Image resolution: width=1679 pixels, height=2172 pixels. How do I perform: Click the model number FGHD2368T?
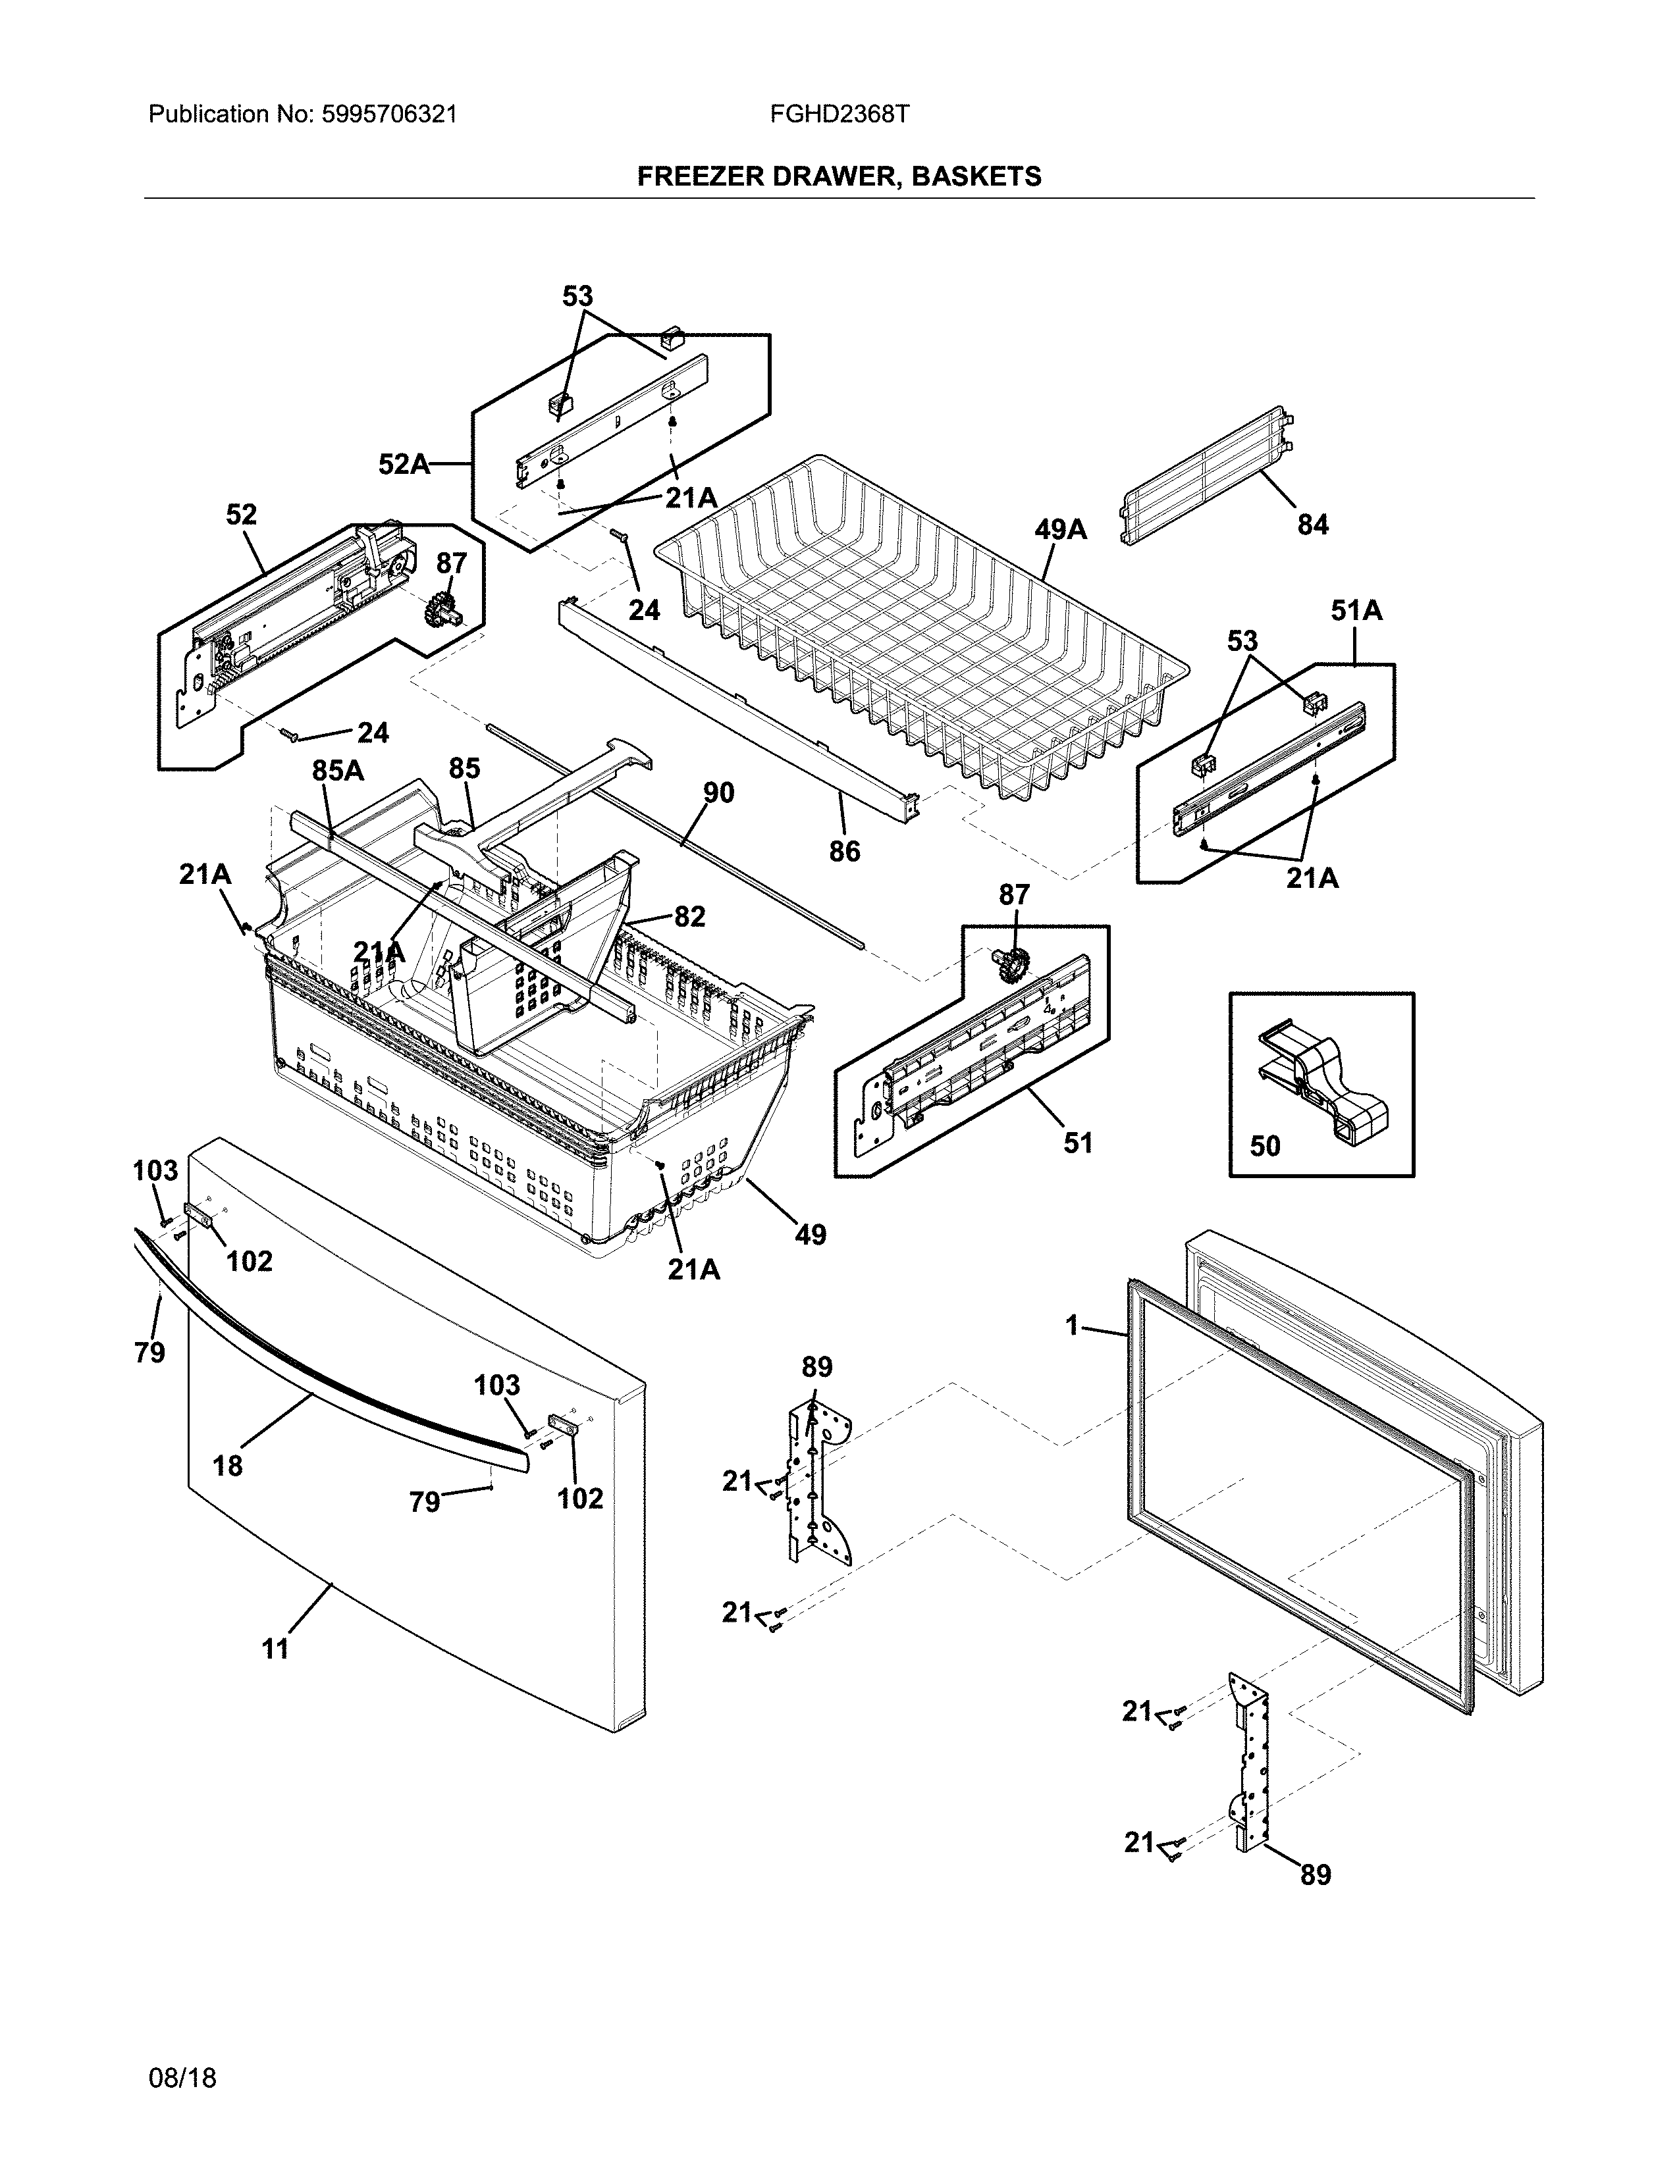point(838,115)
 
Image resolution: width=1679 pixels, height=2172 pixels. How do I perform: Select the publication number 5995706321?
point(389,115)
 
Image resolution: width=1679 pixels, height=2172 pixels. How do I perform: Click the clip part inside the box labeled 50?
point(1323,1085)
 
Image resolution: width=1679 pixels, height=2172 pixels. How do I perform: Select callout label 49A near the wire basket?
point(1060,530)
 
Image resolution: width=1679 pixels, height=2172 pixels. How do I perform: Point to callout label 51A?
point(1357,611)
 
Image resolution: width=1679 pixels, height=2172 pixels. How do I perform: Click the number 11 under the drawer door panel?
point(275,1650)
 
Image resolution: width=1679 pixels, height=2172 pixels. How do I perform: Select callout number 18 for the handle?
point(228,1466)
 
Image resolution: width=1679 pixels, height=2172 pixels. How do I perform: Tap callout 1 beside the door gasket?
point(1072,1326)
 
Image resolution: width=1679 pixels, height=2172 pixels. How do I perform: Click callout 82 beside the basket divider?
point(689,916)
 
